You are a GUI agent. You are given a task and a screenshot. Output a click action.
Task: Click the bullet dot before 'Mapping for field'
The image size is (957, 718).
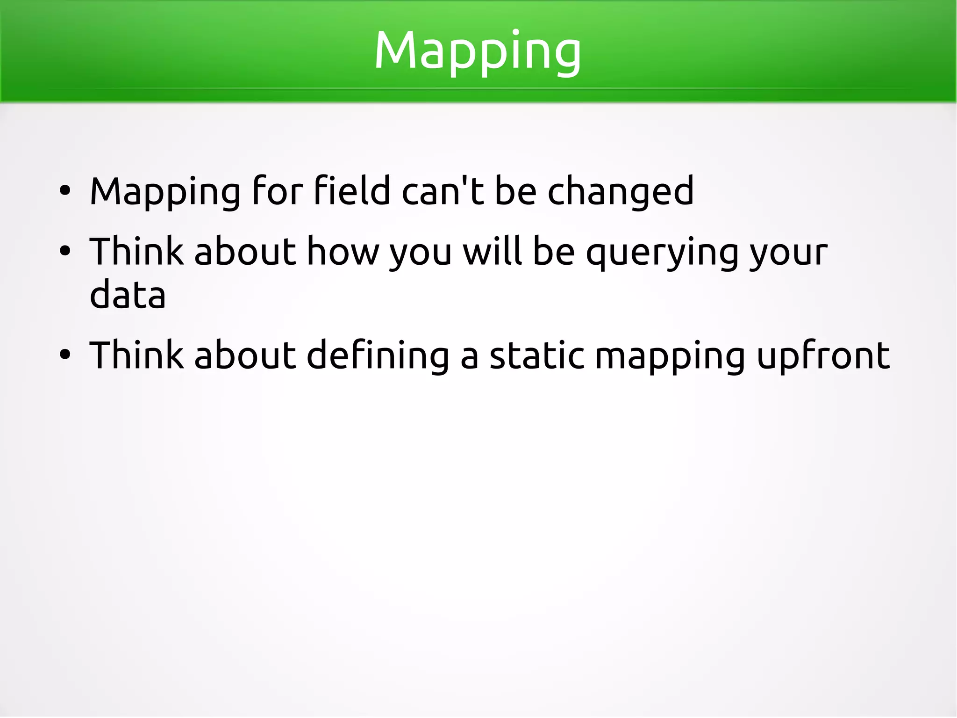(x=65, y=191)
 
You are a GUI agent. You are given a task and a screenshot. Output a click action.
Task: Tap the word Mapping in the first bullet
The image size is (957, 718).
(x=165, y=192)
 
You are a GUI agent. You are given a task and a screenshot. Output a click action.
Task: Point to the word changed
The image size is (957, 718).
(x=620, y=192)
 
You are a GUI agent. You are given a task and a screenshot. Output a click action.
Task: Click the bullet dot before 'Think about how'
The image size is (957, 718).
(x=65, y=251)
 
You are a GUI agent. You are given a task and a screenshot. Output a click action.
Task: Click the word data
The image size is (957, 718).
(x=128, y=295)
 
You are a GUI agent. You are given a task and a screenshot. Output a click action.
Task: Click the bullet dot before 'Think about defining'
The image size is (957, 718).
(x=65, y=355)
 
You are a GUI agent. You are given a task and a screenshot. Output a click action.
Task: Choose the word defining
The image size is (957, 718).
(x=378, y=355)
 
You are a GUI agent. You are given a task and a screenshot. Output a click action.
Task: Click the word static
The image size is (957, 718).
(x=537, y=355)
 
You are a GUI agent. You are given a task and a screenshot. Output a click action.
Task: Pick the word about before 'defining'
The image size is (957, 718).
(x=245, y=355)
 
